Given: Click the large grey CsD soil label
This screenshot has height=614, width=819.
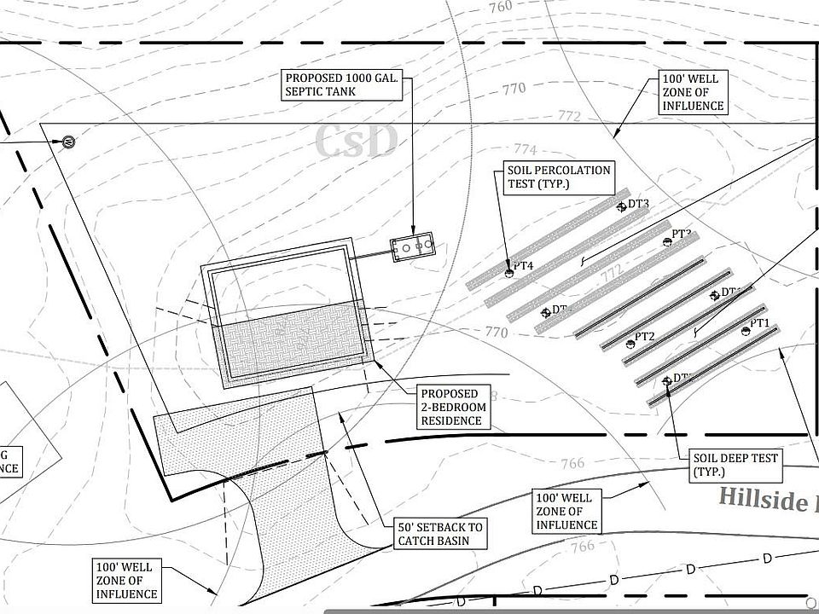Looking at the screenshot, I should pyautogui.click(x=356, y=142).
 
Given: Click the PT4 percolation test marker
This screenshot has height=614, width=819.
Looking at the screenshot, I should pyautogui.click(x=509, y=274).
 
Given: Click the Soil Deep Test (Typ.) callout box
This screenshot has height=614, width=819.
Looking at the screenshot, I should pyautogui.click(x=735, y=465).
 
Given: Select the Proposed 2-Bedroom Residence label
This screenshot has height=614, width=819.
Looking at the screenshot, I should pyautogui.click(x=451, y=408).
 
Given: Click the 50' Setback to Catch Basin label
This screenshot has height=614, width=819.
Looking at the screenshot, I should pyautogui.click(x=439, y=534).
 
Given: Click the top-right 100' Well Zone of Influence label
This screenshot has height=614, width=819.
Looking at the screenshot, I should pyautogui.click(x=693, y=92).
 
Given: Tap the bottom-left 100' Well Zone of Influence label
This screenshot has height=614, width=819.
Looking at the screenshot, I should pyautogui.click(x=126, y=580).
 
